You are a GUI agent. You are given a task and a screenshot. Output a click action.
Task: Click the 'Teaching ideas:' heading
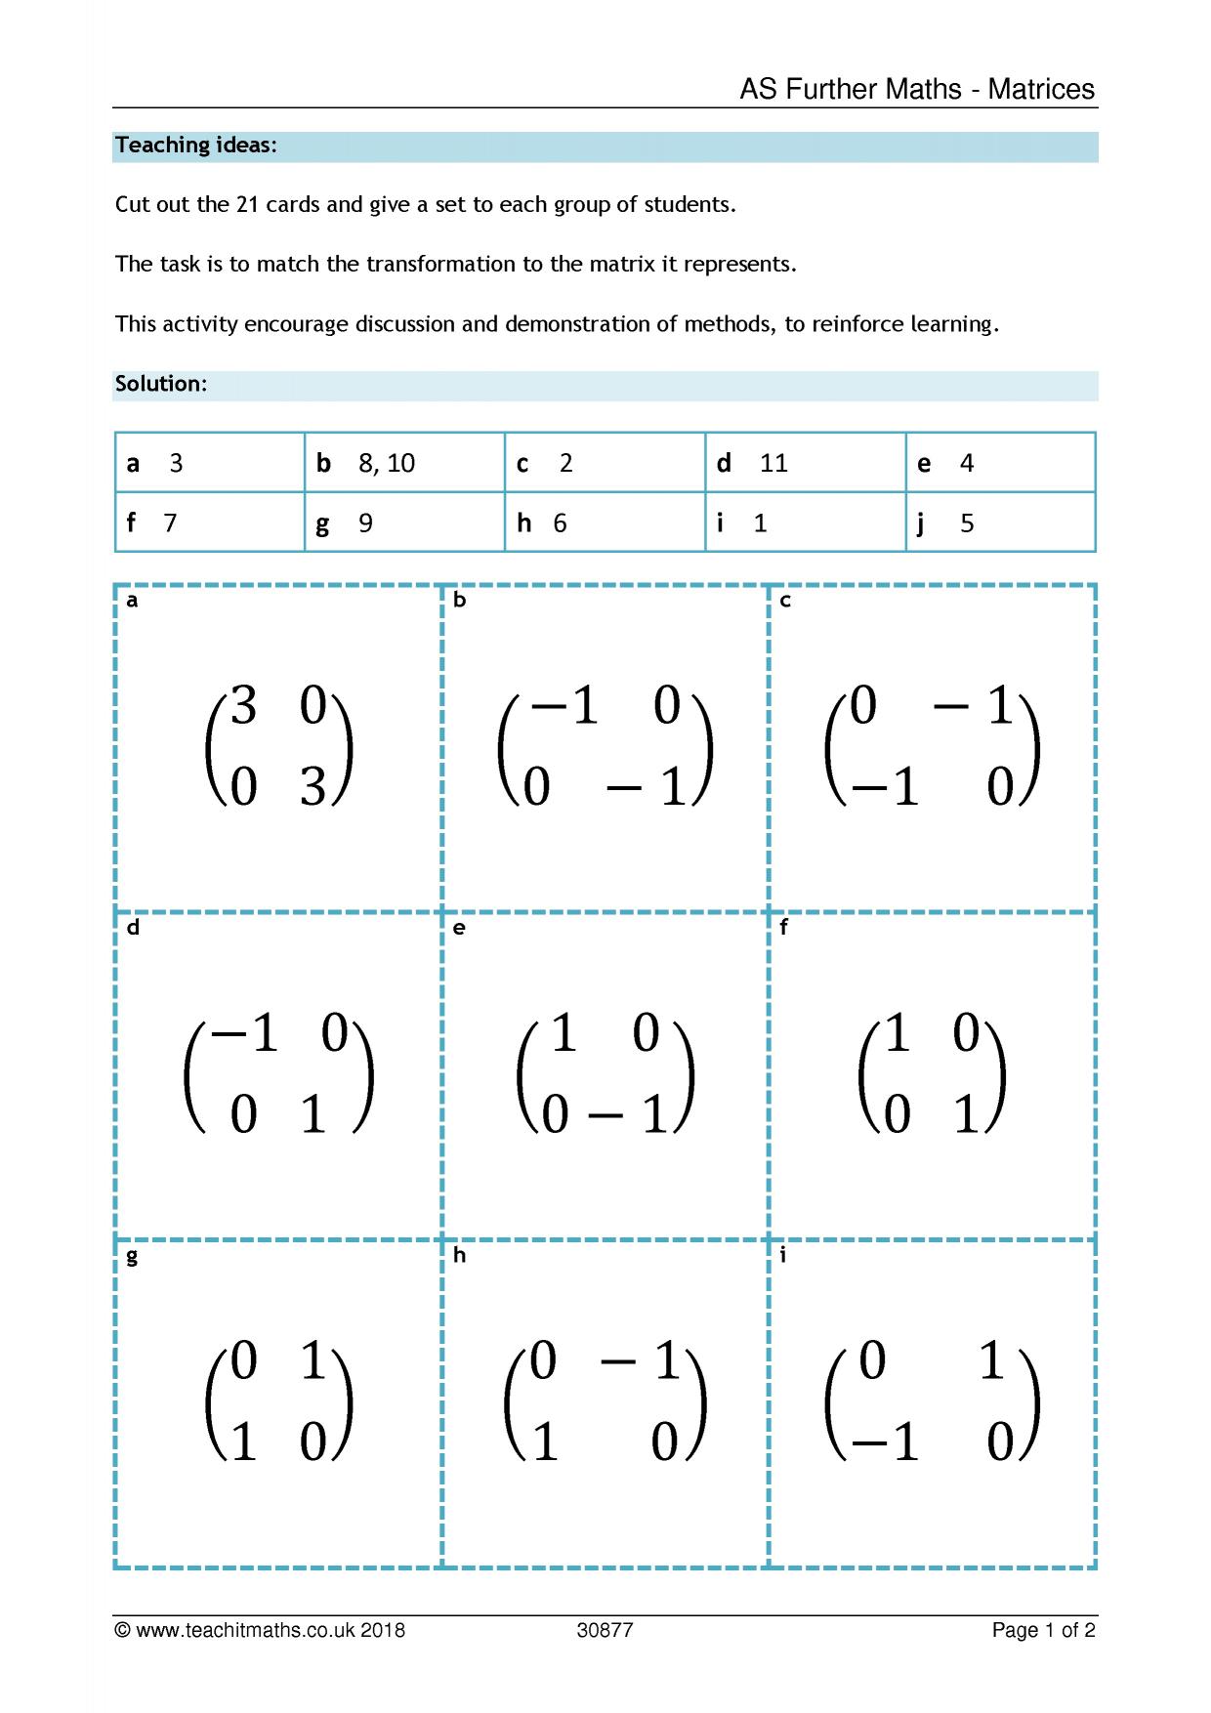tap(196, 146)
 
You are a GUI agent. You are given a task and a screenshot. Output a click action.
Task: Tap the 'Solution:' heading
tap(161, 384)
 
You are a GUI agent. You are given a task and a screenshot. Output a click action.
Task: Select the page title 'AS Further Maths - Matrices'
tap(917, 89)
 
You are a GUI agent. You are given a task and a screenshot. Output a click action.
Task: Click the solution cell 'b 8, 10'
tap(404, 463)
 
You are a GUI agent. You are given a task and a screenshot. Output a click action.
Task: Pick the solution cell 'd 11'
tap(805, 463)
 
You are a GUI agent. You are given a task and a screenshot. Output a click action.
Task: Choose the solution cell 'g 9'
tap(404, 522)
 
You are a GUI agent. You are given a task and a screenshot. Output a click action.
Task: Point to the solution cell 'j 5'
tap(1000, 522)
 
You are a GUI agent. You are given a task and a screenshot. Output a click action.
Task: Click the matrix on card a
tap(278, 746)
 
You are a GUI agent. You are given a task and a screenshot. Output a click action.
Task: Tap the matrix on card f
tap(932, 1073)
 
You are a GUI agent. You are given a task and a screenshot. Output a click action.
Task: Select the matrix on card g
tap(278, 1400)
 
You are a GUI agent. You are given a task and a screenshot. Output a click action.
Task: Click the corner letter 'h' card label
tap(459, 1255)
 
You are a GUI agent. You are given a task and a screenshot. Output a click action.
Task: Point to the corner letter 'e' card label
tap(459, 928)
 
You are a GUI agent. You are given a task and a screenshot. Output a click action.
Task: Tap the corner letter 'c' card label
tap(785, 601)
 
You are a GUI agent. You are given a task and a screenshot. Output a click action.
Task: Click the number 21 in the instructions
tap(247, 205)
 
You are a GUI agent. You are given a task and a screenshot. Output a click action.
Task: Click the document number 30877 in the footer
tap(605, 1630)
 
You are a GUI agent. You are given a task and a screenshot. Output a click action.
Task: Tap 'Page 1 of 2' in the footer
tap(1043, 1630)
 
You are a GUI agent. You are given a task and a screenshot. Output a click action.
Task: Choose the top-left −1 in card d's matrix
tap(246, 1032)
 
